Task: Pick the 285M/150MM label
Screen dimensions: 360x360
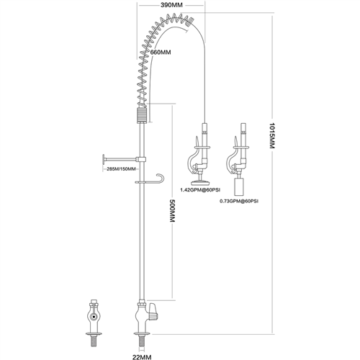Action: tap(121, 169)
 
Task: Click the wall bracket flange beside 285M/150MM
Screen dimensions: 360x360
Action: tap(102, 160)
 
